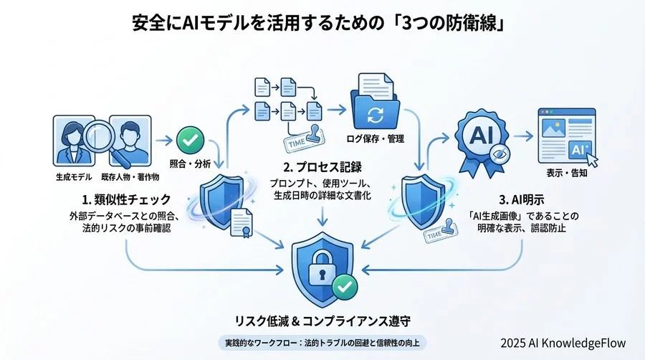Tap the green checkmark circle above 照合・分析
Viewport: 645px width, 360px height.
click(x=187, y=138)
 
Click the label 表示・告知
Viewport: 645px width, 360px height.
click(x=566, y=175)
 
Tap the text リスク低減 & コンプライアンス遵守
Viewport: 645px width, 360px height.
click(x=322, y=321)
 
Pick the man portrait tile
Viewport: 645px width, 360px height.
click(x=130, y=140)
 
